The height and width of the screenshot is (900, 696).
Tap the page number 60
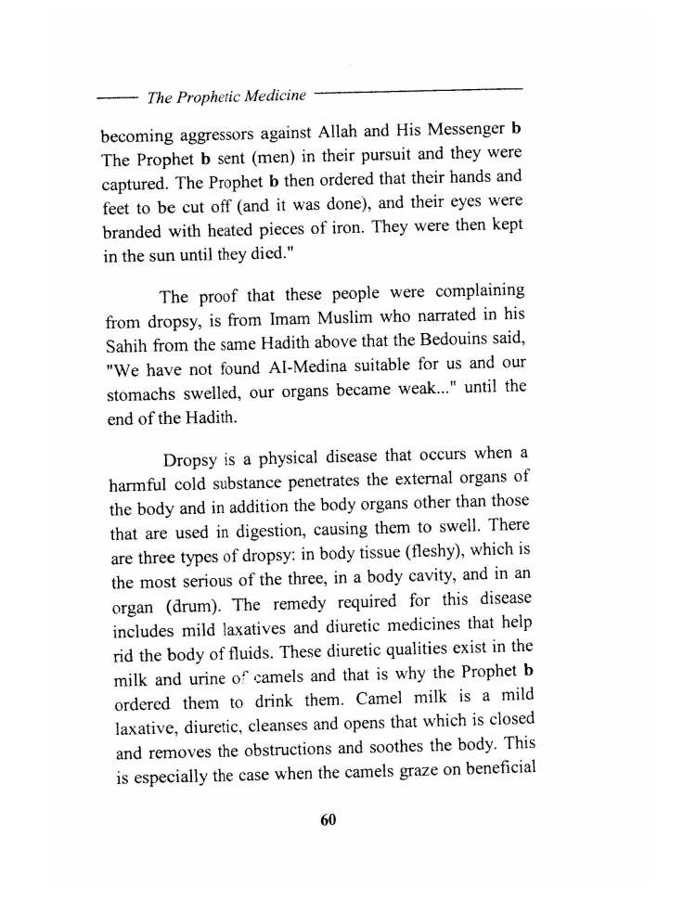pos(327,819)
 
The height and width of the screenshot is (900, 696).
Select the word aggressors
pos(226,135)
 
